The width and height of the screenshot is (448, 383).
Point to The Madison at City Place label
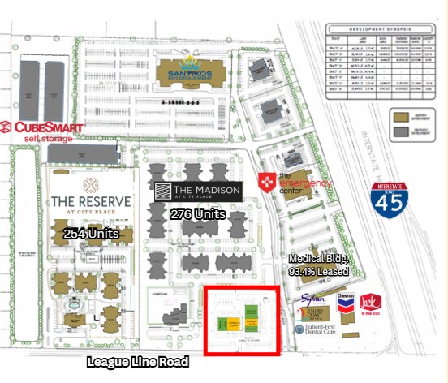[x=198, y=192]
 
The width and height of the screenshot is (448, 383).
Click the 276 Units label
[x=198, y=214]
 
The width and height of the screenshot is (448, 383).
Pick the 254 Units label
[x=91, y=234]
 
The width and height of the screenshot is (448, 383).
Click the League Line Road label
[x=138, y=361]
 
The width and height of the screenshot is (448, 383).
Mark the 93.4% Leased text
[x=319, y=271]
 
